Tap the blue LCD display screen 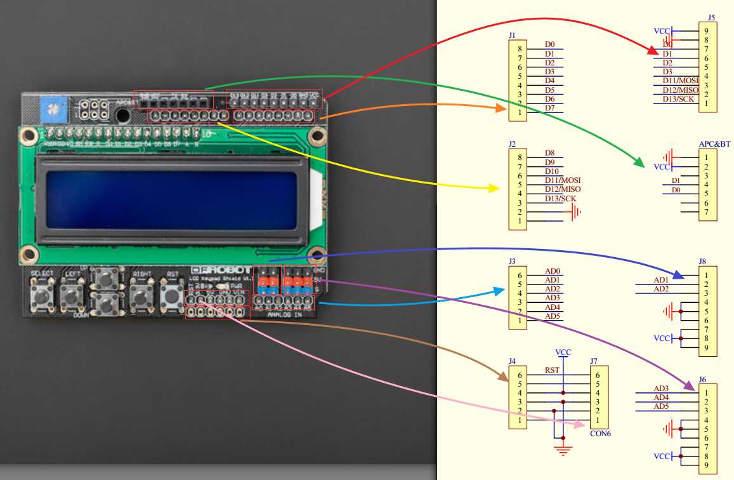tap(171, 201)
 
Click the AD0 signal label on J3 tap(552, 271)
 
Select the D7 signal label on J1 tap(549, 108)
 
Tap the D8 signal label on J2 tap(549, 153)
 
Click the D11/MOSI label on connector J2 tap(562, 180)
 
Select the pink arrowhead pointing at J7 tap(580, 424)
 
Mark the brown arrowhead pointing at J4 tap(503, 377)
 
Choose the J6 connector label tap(702, 379)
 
